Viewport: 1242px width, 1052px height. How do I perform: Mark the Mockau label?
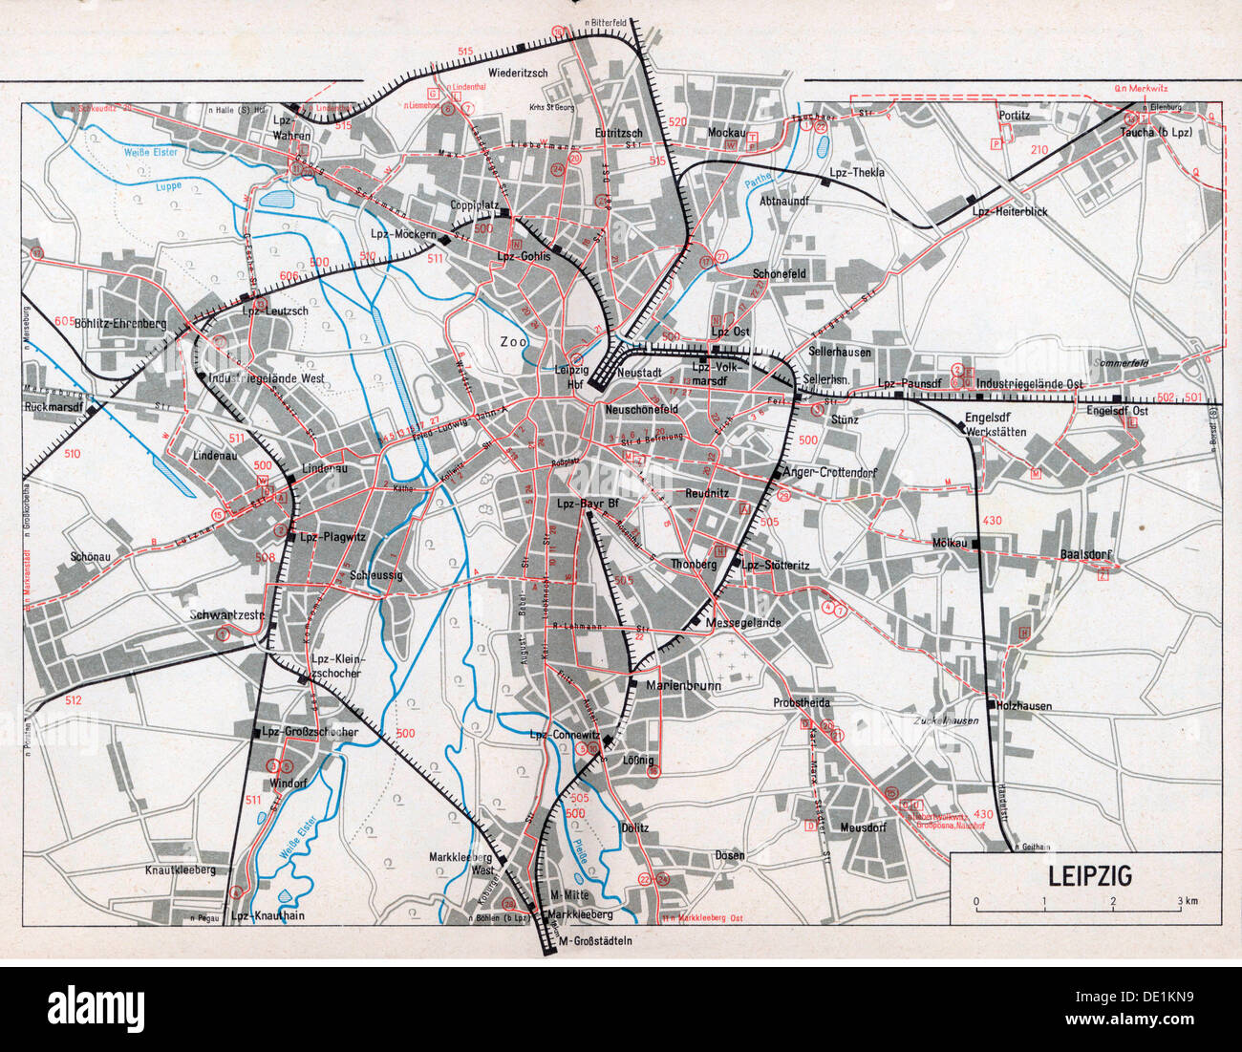pyautogui.click(x=725, y=133)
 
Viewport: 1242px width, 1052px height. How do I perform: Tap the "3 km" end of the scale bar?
pyautogui.click(x=1188, y=902)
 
